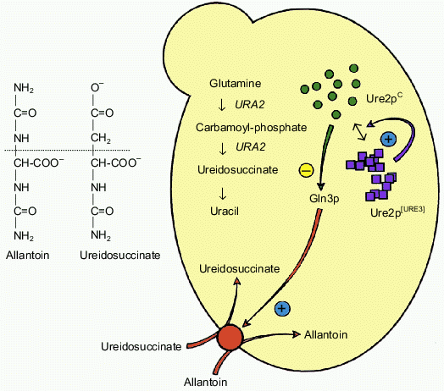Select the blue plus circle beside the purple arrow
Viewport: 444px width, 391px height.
click(x=388, y=139)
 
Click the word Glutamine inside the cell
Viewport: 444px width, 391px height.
click(x=238, y=85)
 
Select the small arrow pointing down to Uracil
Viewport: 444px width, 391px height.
click(x=221, y=190)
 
